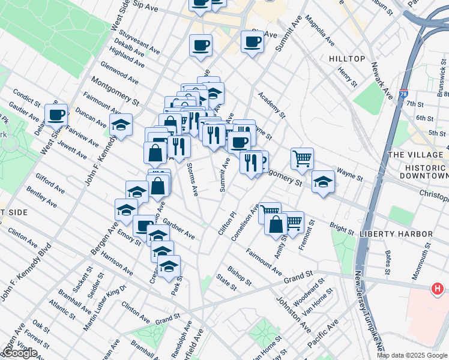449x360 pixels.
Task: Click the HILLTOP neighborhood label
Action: coord(347,58)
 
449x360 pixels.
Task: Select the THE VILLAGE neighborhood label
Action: coord(415,154)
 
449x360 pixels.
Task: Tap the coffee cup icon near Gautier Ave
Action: coord(56,114)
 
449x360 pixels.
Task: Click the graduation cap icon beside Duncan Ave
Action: coord(121,125)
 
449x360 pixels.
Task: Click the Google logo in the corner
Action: coord(20,353)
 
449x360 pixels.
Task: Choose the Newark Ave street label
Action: coord(381,80)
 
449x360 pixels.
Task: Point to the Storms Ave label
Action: coord(192,179)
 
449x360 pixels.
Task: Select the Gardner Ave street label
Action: coord(179,228)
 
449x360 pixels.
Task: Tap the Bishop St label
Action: coord(239,275)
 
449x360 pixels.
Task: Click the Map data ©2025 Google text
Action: coord(411,355)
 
